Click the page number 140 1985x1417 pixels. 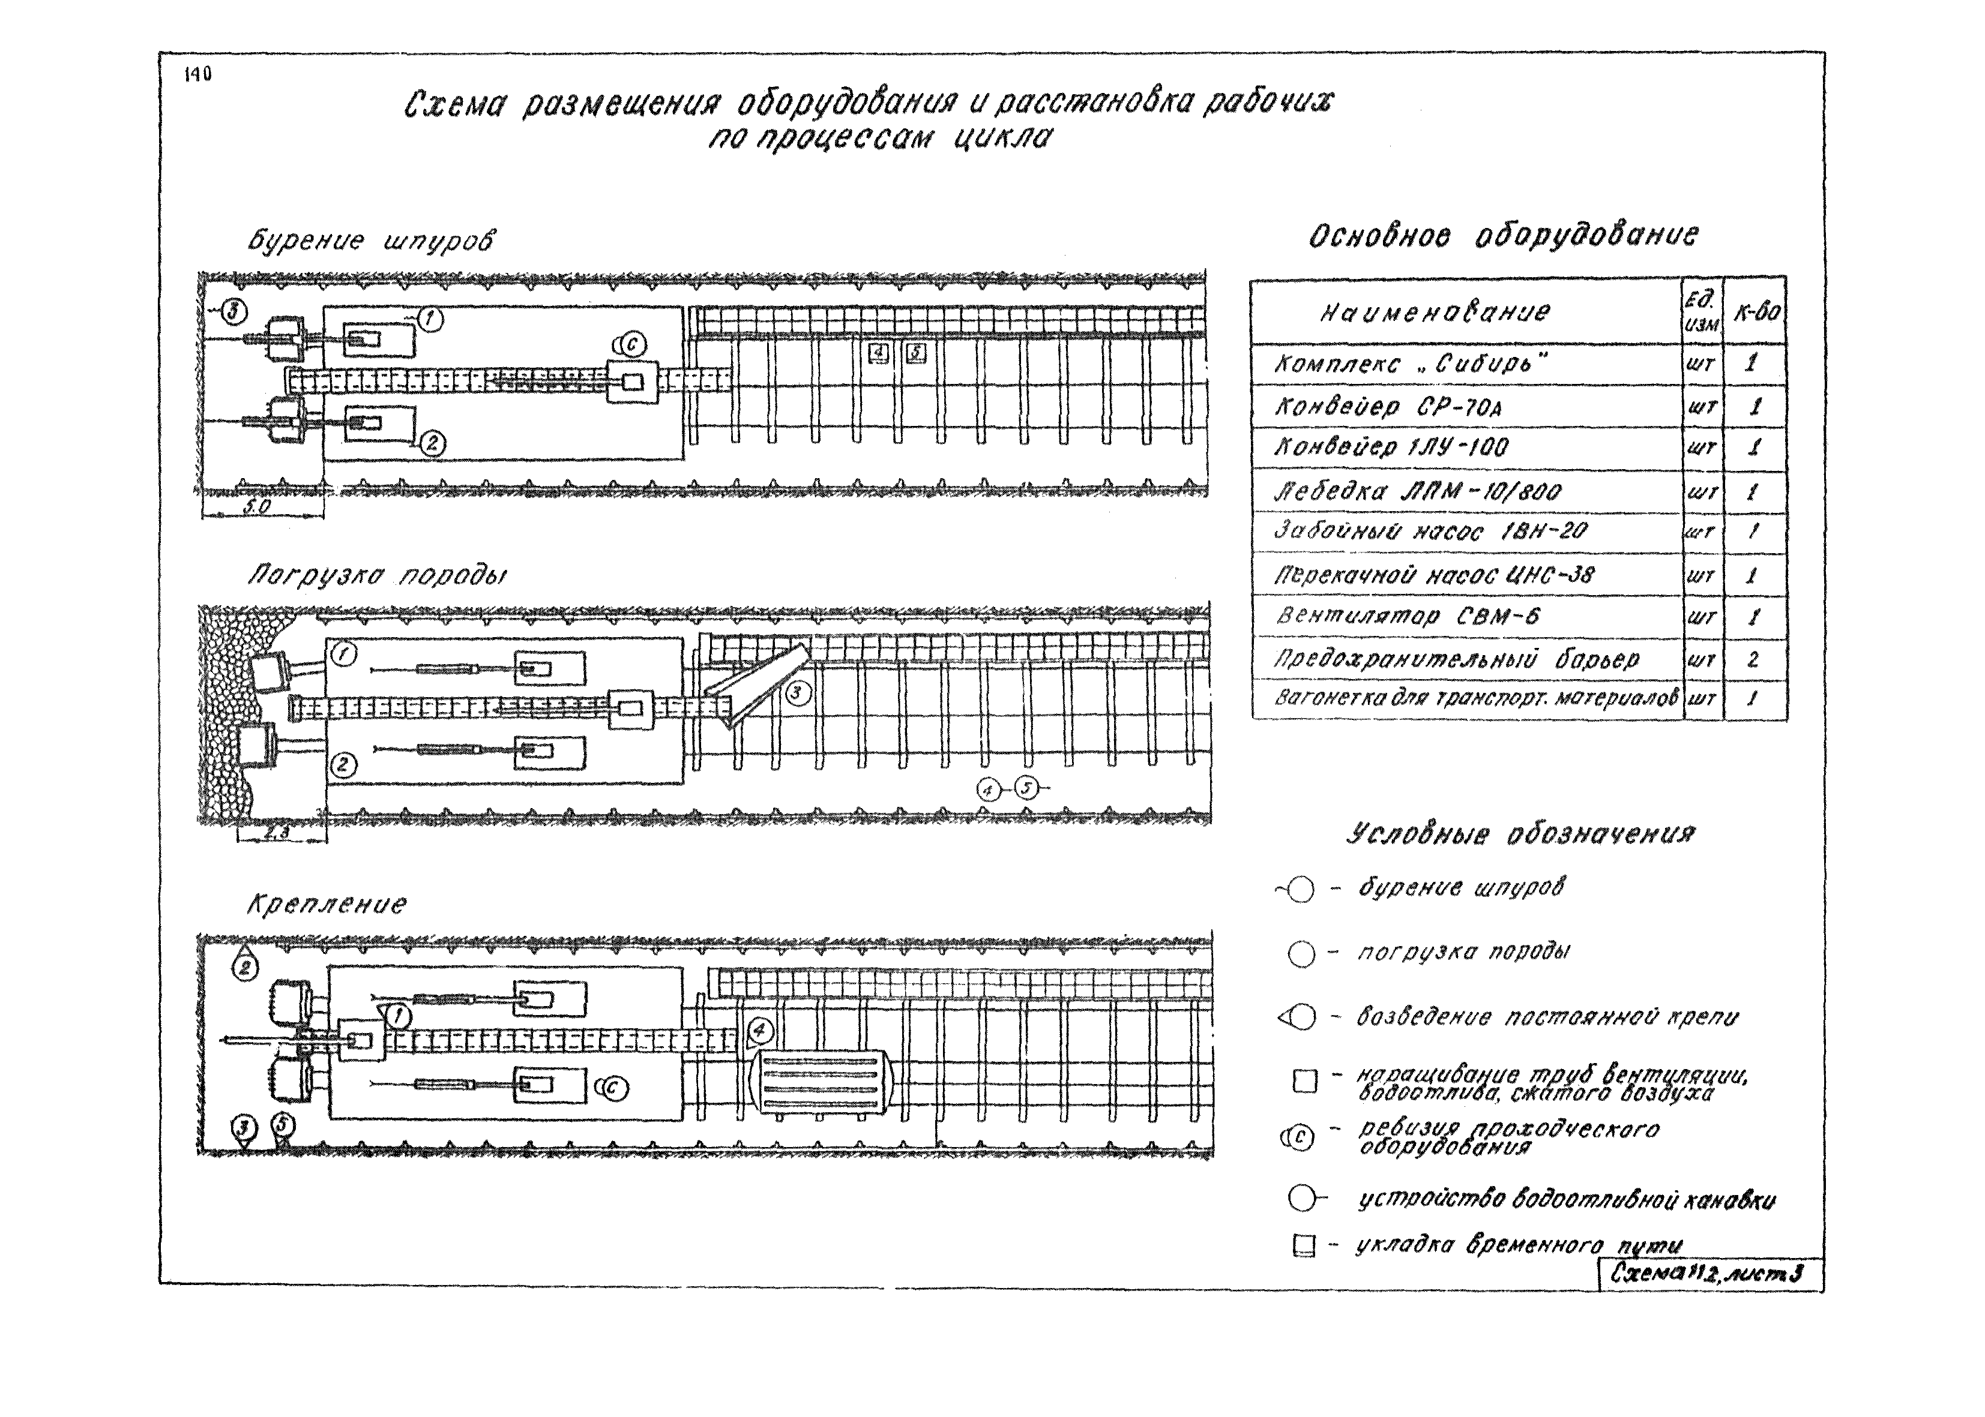point(197,75)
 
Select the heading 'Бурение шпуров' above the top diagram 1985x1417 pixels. point(370,241)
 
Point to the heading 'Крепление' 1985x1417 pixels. point(327,904)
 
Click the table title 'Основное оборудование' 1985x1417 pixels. point(1503,236)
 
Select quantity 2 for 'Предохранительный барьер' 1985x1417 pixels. point(1753,660)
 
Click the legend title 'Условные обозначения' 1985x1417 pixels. point(1520,834)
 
